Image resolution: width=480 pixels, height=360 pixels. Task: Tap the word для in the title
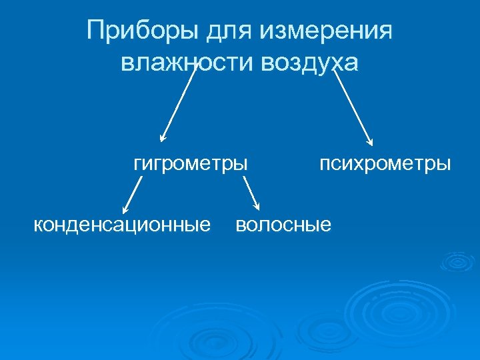pos(225,31)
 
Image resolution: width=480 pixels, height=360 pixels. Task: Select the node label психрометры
pos(385,163)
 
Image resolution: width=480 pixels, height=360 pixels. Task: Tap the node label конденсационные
pos(122,224)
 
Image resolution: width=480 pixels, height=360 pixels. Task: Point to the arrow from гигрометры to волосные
pos(251,194)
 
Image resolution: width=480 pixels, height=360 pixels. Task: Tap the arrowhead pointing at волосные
pos(257,208)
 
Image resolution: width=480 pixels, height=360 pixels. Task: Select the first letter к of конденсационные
pos(38,225)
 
